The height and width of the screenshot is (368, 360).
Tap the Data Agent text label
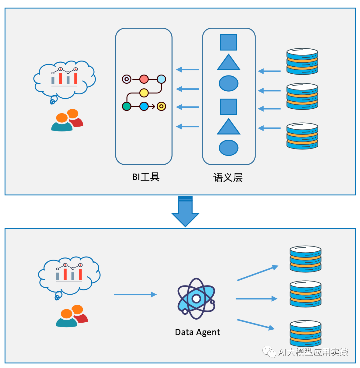point(198,332)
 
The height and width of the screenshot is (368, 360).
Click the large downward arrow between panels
point(185,211)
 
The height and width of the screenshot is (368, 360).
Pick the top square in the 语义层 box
point(229,42)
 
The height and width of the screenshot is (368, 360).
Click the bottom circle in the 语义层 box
point(229,148)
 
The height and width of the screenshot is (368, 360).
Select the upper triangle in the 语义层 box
point(229,63)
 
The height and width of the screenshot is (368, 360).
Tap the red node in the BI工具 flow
point(144,79)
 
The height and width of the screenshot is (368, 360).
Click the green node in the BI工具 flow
point(126,106)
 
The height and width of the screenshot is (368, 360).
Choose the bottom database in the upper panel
point(302,136)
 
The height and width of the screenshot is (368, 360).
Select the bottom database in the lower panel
point(305,334)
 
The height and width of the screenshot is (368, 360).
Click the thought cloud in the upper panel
point(64,80)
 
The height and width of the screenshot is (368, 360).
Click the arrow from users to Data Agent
point(135,294)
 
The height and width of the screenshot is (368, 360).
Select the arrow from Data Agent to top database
point(258,273)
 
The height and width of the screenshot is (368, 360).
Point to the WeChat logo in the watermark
point(269,352)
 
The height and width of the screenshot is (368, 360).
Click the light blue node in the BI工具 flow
point(161,79)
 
